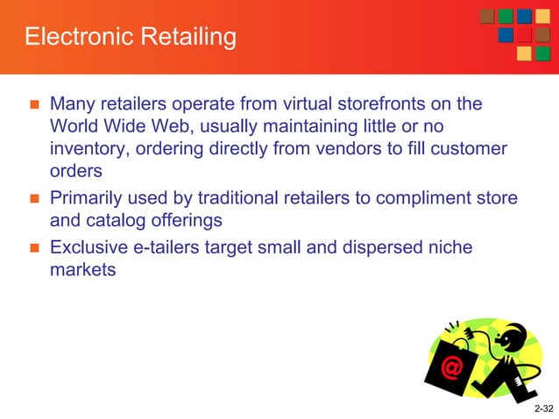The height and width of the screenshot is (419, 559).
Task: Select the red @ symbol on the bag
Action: pos(453,367)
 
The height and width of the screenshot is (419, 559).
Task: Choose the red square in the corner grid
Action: pos(525,36)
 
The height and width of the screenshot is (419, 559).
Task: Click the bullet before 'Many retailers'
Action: pos(35,104)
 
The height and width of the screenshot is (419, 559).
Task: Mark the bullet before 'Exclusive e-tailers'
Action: pos(35,249)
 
